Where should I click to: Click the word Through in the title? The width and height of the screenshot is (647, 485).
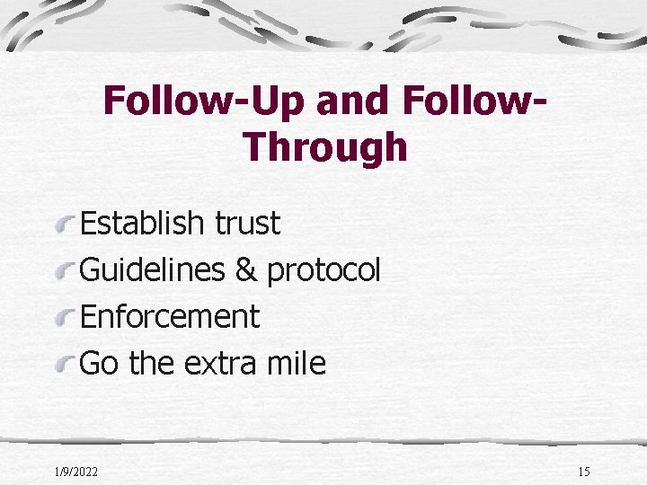(x=324, y=147)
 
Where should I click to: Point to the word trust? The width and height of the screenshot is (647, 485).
(x=248, y=223)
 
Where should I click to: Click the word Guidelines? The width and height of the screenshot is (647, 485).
(x=152, y=269)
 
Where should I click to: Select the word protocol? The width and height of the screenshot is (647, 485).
(x=324, y=269)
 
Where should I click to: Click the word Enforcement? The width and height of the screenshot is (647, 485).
(x=170, y=316)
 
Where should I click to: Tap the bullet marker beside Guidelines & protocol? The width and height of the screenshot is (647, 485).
(x=66, y=269)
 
